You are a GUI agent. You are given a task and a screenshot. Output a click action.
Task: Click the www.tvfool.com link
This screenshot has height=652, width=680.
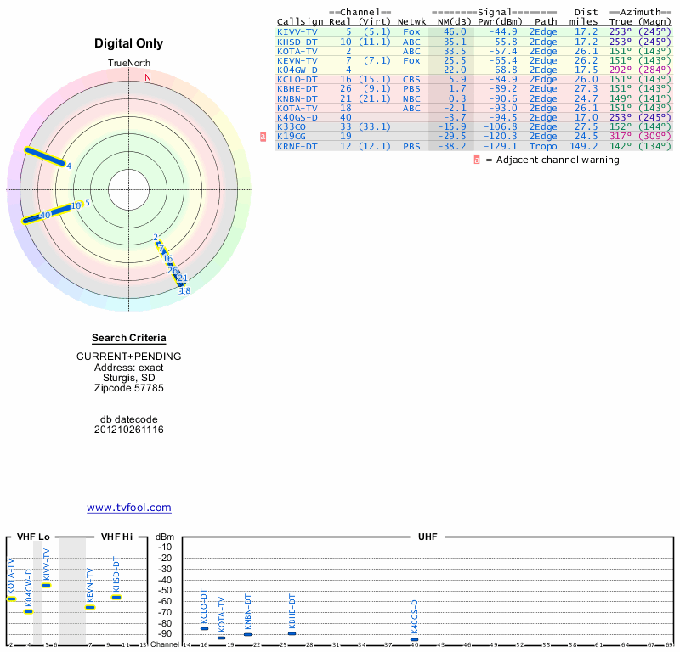pos(129,508)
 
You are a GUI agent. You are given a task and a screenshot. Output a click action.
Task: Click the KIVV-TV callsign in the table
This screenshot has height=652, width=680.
pos(297,31)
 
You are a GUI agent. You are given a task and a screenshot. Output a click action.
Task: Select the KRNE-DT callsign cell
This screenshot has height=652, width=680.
pos(297,146)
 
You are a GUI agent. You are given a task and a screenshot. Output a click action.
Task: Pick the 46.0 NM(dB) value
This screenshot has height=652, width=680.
pos(454,31)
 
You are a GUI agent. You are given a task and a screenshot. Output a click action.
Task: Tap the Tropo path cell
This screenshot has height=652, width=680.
pos(542,146)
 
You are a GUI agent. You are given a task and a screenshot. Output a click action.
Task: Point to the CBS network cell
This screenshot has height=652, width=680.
pos(411,79)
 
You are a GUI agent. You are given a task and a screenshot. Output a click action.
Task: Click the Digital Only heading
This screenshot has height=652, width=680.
pos(129,44)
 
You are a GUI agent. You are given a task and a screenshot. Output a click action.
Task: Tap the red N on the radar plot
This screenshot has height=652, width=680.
pos(148,77)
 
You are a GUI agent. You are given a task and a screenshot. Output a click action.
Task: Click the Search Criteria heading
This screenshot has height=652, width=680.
pos(129,339)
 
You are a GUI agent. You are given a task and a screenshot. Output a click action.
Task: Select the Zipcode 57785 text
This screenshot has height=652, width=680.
pos(129,388)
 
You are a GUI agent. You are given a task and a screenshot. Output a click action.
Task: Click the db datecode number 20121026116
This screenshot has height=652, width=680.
pos(129,430)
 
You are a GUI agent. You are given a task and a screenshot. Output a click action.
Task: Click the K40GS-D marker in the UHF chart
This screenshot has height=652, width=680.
pos(415,639)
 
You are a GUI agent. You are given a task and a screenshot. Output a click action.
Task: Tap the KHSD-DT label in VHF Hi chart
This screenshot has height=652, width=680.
pos(116,574)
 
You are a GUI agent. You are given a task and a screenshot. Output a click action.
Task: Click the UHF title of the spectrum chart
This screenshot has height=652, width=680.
pos(428,537)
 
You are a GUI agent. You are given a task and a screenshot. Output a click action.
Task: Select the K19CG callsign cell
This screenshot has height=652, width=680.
pos(292,136)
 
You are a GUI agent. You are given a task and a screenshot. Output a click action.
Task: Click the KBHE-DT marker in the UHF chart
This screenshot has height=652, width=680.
pos(292,633)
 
